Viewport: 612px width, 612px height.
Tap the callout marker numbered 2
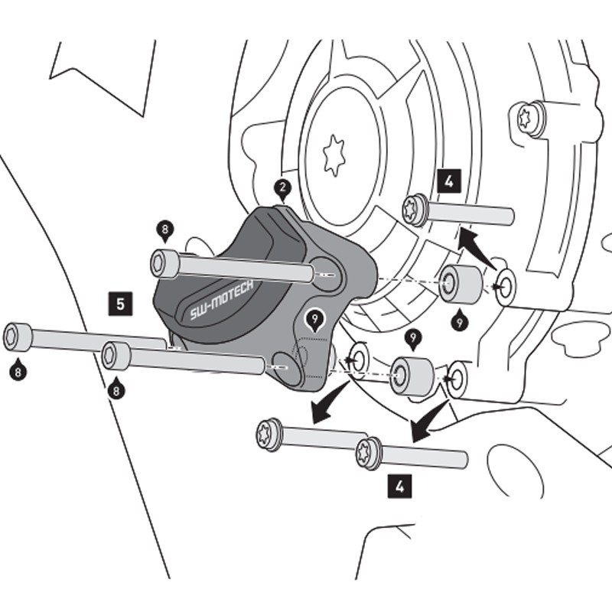[283, 188]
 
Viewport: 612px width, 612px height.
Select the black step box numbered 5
[120, 303]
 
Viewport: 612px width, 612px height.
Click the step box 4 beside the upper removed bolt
[449, 181]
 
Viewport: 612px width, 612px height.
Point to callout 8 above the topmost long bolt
[164, 229]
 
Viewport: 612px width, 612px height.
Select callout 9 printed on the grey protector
[314, 318]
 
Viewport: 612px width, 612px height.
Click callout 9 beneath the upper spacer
[459, 321]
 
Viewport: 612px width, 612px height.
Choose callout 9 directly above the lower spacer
[413, 337]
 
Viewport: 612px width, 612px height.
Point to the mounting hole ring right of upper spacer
[506, 285]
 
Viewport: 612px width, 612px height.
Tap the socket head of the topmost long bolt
[165, 262]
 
